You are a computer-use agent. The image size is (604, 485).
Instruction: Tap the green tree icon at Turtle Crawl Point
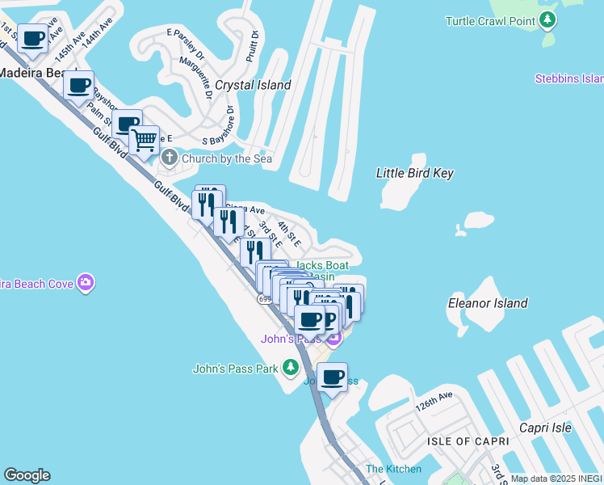pyautogui.click(x=548, y=20)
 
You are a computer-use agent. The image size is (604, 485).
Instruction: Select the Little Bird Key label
pyautogui.click(x=415, y=173)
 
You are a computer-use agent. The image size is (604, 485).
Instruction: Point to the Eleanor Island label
pyautogui.click(x=488, y=303)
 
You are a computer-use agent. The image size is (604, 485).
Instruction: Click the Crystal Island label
pyautogui.click(x=253, y=85)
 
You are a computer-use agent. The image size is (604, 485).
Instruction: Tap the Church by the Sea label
pyautogui.click(x=227, y=158)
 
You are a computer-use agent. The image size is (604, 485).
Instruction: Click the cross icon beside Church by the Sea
pyautogui.click(x=170, y=158)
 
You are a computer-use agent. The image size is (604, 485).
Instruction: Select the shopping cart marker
pyautogui.click(x=144, y=141)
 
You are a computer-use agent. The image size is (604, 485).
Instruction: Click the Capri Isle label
pyautogui.click(x=545, y=428)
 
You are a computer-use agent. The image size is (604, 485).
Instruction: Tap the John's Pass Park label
pyautogui.click(x=235, y=369)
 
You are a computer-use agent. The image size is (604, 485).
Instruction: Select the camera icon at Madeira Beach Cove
pyautogui.click(x=86, y=282)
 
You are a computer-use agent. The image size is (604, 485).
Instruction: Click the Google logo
pyautogui.click(x=27, y=475)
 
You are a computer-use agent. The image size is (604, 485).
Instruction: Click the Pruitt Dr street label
pyautogui.click(x=252, y=47)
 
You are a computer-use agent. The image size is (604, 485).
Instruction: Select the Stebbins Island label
pyautogui.click(x=568, y=78)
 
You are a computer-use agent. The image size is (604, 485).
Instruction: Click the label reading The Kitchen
pyautogui.click(x=393, y=469)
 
